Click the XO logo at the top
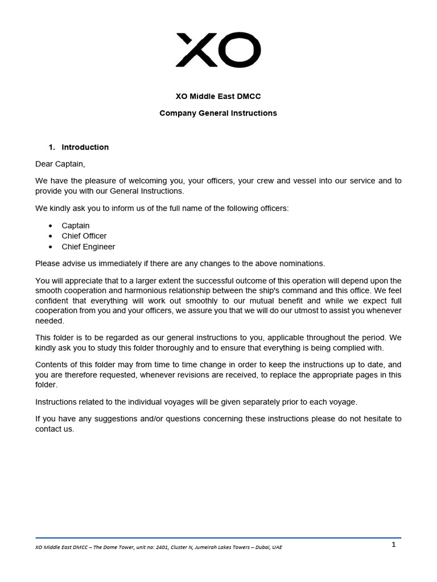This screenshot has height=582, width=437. coord(218,50)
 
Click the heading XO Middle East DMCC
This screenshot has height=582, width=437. coord(218,96)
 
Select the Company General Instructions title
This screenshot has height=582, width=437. coord(218,113)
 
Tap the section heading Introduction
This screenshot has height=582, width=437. coord(85,147)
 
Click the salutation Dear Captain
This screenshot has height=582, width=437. coord(60,164)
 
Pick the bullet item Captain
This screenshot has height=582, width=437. coord(76,226)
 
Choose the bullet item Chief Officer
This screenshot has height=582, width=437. coord(84,236)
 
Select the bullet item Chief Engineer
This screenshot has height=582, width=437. coord(88,247)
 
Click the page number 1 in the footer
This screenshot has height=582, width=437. coord(393,544)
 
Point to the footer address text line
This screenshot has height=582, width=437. coord(159,547)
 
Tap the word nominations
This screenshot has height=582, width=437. coord(301,263)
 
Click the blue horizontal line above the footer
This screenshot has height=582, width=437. coord(218,538)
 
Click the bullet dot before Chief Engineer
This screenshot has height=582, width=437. coord(51,247)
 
